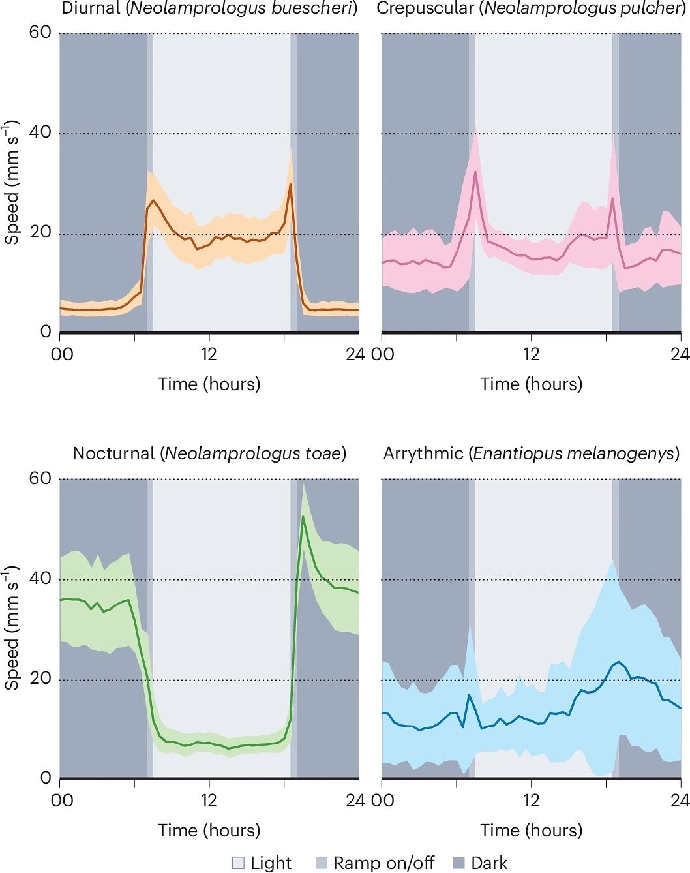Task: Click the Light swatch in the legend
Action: coord(239,864)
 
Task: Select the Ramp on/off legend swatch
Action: coord(322,864)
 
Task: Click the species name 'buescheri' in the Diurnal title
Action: coord(320,9)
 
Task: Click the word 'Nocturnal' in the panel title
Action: coord(114,453)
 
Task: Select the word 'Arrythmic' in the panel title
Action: coord(423,453)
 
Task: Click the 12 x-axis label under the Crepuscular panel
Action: coord(532,354)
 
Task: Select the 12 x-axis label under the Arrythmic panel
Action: coord(532,800)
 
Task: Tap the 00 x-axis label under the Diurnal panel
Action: coord(63,354)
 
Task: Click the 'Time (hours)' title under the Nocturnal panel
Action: coord(209,830)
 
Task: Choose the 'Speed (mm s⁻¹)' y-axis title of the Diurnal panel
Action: coord(12,183)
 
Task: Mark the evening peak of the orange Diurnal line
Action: coord(290,185)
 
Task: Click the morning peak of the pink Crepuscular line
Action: coord(475,172)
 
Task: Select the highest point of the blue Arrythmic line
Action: coord(617,662)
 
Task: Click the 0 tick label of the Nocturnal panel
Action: coord(46,778)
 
